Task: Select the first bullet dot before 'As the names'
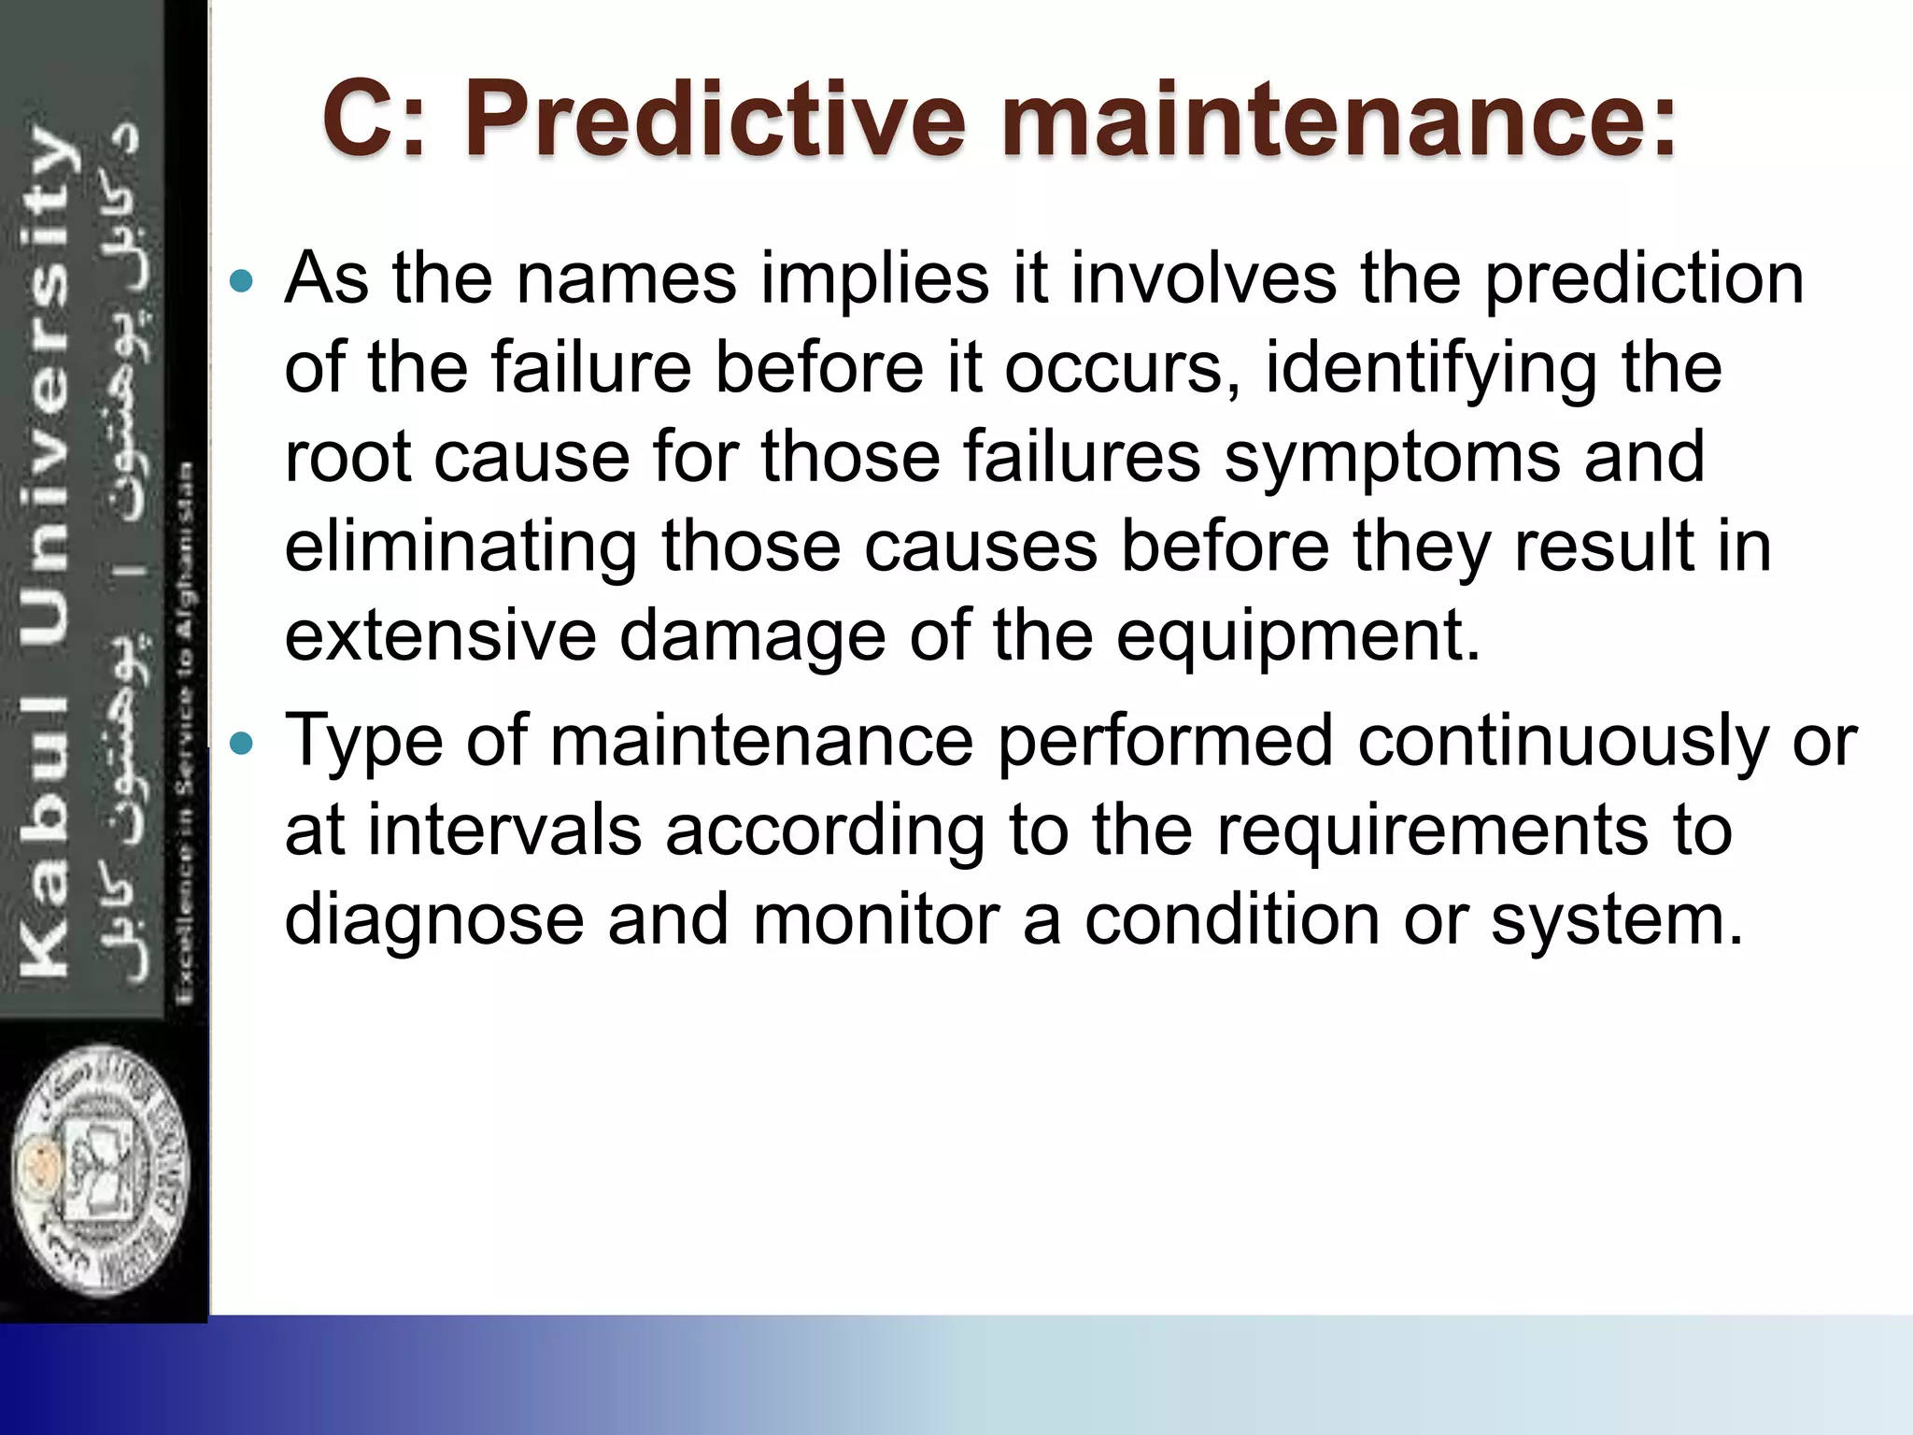click(241, 280)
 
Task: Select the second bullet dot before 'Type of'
click(241, 744)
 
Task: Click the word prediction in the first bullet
click(1644, 280)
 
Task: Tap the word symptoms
click(1392, 458)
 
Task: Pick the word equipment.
click(1299, 637)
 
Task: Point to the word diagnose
click(433, 921)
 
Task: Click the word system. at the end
click(1617, 921)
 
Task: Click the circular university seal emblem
click(101, 1170)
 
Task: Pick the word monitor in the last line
click(875, 919)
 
